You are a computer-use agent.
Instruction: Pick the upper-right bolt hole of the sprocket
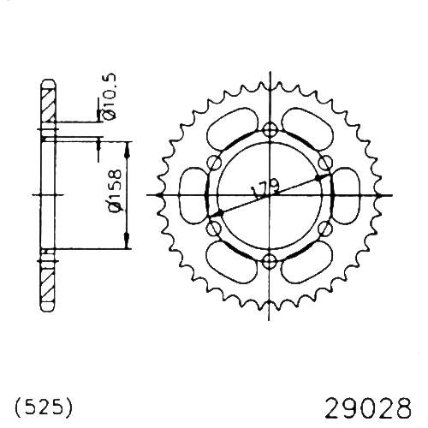pos(326,163)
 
